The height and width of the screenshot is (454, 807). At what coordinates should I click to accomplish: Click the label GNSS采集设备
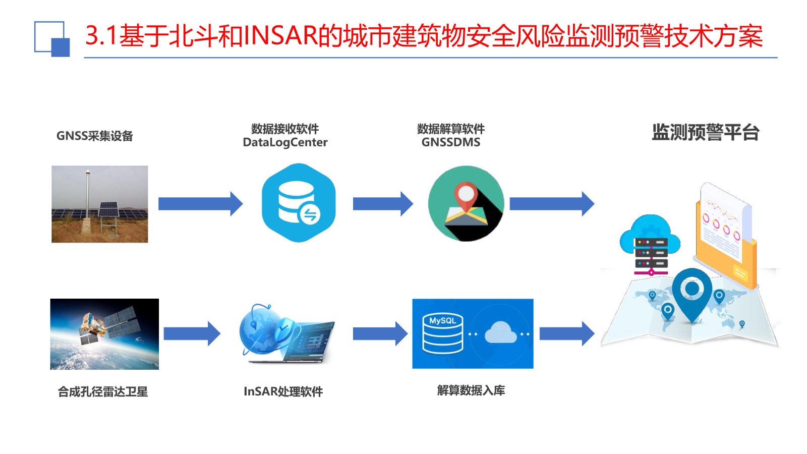95,136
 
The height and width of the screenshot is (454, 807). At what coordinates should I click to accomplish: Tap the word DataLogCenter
285,142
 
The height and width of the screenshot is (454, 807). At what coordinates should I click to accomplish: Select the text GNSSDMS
451,142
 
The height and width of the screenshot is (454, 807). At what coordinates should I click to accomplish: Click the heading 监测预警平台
706,133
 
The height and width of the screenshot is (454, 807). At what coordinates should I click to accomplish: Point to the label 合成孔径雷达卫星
103,391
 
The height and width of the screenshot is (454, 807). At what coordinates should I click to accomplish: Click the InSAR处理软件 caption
283,391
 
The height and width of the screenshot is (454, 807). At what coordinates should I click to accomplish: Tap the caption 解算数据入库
471,390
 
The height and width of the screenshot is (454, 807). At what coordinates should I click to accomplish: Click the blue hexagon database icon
299,203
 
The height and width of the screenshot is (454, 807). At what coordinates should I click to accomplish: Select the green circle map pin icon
466,204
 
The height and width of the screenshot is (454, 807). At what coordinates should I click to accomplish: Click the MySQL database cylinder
443,334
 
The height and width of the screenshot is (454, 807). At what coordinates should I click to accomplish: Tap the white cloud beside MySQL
500,332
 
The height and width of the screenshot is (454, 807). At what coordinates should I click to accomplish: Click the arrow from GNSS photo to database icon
201,204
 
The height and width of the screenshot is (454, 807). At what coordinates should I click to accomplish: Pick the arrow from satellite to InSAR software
192,334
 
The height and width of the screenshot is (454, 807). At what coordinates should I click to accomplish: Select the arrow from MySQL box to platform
567,334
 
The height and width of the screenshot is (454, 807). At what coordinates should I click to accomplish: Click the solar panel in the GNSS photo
109,210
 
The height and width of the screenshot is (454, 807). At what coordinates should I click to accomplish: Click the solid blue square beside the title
61,47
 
